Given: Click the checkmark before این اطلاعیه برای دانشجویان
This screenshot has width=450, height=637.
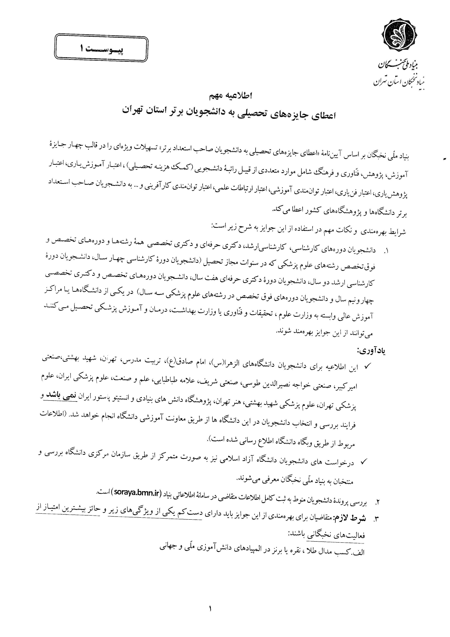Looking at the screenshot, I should click(367, 367).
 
